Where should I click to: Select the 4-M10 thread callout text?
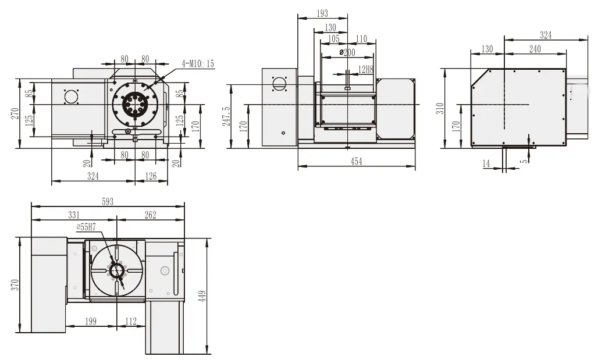(198, 63)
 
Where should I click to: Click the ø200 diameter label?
(347, 53)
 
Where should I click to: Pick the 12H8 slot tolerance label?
(365, 69)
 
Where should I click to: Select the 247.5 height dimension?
(226, 116)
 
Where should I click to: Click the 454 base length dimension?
(356, 162)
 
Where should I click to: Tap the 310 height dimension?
(440, 108)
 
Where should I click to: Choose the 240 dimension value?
(535, 49)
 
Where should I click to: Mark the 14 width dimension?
(486, 165)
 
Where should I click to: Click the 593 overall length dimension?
(108, 201)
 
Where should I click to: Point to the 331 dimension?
(73, 215)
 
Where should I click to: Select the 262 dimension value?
(150, 215)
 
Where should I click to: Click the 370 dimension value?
(15, 284)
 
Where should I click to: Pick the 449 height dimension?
(202, 295)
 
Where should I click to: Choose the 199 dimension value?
(91, 320)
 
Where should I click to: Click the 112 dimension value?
(130, 320)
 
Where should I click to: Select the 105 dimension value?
(333, 39)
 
